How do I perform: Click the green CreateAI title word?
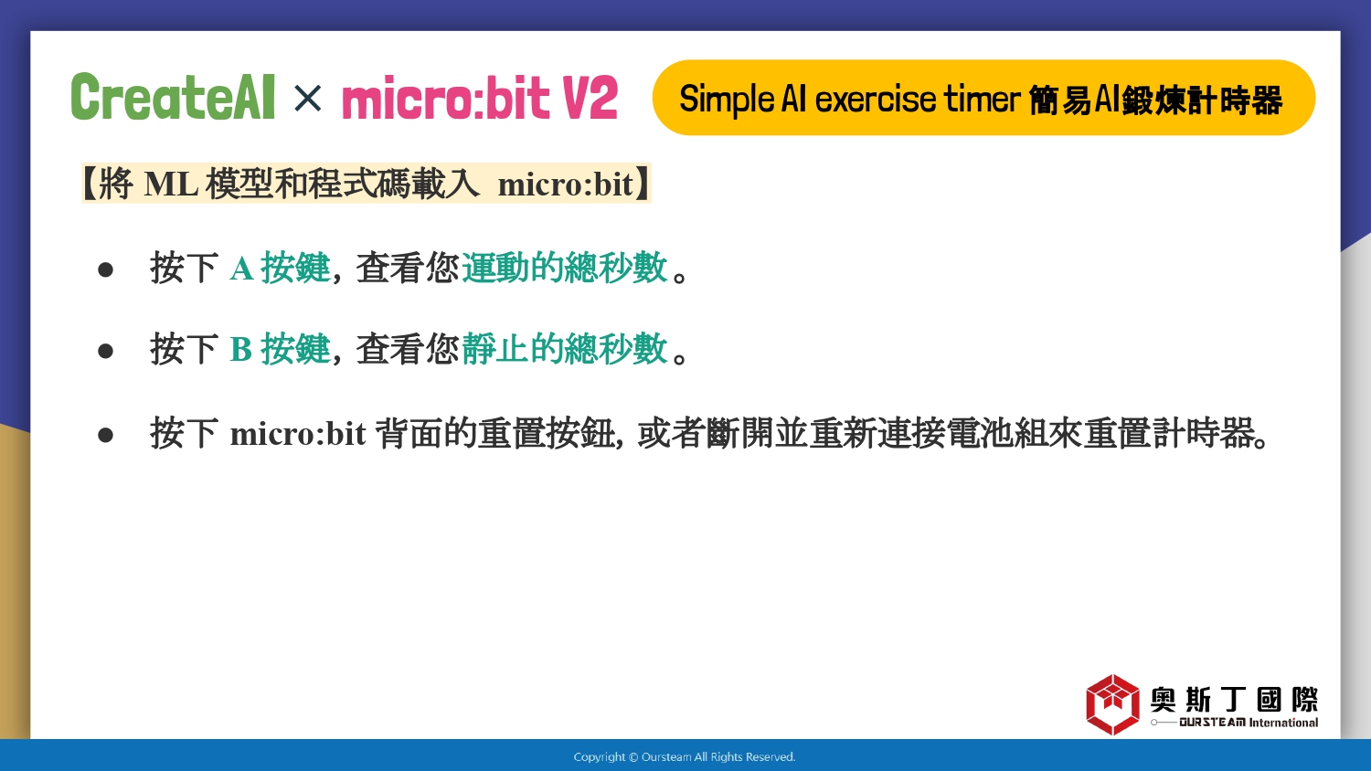(174, 97)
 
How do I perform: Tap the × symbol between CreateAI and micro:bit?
(307, 99)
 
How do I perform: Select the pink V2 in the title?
(590, 98)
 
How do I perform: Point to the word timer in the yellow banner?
(982, 100)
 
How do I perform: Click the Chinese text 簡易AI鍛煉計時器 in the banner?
(1155, 100)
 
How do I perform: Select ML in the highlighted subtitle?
(171, 184)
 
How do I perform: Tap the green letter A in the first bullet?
(242, 268)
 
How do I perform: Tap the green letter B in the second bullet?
(240, 349)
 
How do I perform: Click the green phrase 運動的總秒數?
(564, 268)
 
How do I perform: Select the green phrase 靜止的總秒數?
(564, 349)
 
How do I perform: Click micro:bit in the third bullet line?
(297, 434)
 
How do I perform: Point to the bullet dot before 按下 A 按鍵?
(105, 269)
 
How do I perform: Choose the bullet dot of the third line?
(105, 435)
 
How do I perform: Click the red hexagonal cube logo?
(1112, 704)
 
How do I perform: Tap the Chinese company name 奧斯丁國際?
(1234, 700)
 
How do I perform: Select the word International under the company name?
(1283, 723)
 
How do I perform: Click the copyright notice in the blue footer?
(685, 757)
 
